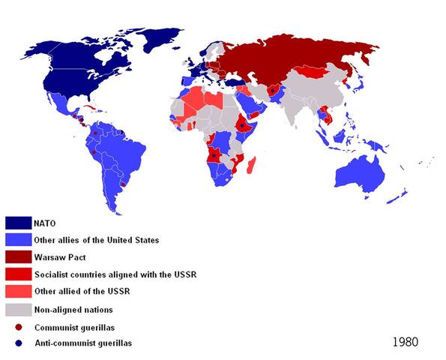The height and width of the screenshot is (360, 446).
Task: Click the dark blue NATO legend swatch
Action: point(18,223)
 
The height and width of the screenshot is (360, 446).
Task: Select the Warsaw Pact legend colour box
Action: point(18,256)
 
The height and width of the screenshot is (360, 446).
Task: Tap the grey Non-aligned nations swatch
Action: point(18,308)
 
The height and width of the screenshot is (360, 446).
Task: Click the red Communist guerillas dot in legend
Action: point(18,326)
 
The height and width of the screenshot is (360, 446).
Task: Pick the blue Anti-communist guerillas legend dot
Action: point(18,343)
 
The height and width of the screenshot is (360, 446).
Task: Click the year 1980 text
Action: point(405,341)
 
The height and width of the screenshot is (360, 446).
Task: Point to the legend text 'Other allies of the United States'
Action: point(96,240)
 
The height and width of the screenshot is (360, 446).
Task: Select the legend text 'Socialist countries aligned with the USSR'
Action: point(115,274)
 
